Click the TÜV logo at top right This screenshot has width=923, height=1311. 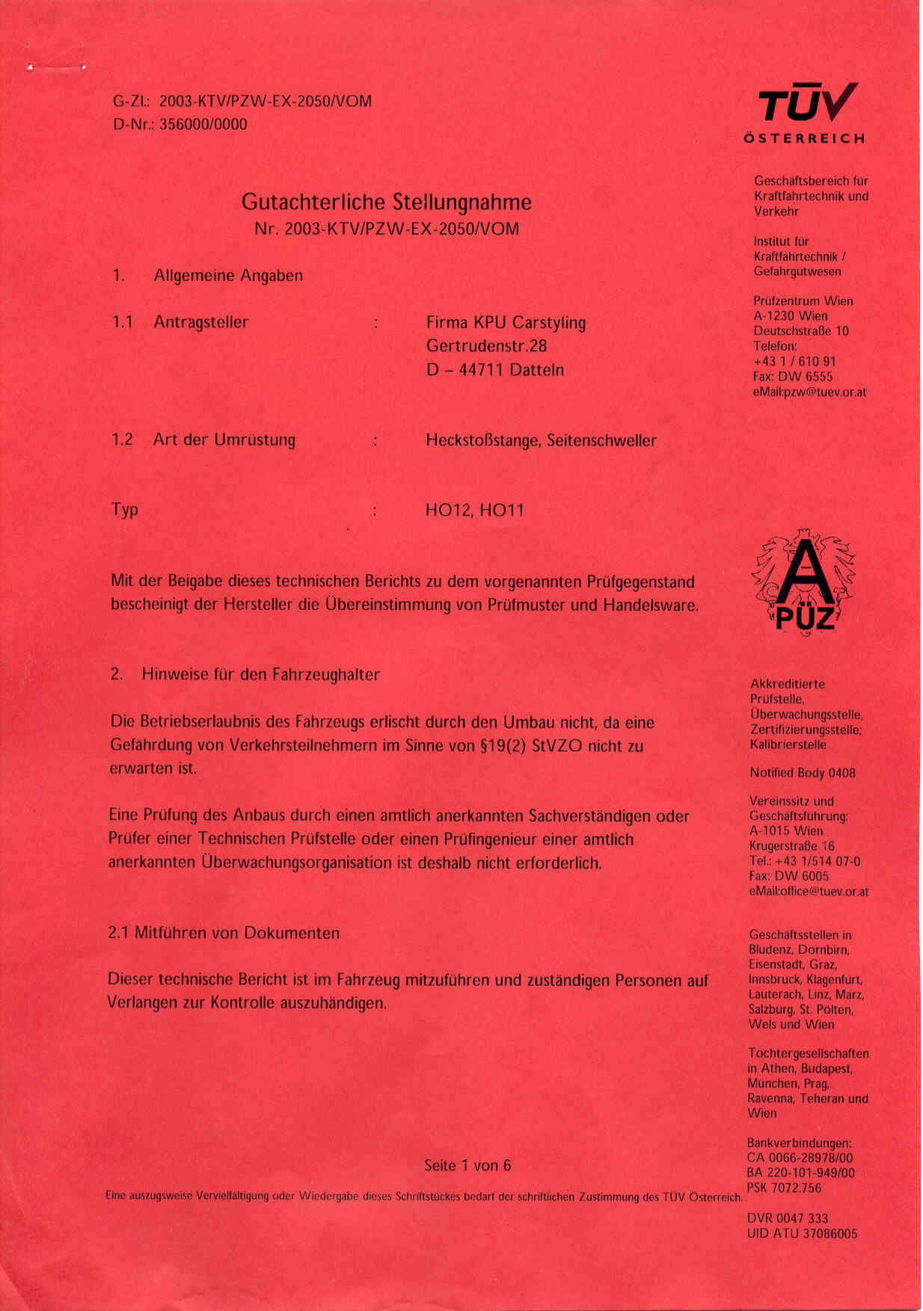click(x=806, y=104)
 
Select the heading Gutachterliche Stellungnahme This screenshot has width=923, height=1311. click(x=386, y=202)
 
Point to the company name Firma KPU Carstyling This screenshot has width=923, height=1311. click(x=506, y=322)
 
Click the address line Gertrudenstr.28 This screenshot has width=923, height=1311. click(x=486, y=345)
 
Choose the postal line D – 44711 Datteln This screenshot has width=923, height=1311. click(x=494, y=369)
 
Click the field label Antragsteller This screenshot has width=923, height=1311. click(x=200, y=322)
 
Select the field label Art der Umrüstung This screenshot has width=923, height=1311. click(x=224, y=439)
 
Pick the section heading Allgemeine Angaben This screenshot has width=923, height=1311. click(x=228, y=275)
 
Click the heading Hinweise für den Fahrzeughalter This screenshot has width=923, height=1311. click(x=260, y=674)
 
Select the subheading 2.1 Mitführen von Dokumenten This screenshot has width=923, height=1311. click(x=224, y=933)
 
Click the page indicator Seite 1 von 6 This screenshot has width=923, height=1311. click(x=467, y=1165)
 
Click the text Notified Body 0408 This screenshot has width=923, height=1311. click(x=802, y=773)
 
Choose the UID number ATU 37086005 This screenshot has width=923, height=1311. click(x=816, y=1233)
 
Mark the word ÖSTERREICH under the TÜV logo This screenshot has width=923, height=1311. click(x=804, y=138)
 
